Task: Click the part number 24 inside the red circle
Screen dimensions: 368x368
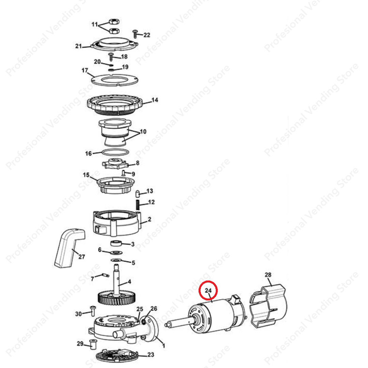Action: (208, 291)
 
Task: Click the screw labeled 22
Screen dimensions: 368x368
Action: (136, 33)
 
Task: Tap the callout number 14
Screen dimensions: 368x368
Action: (155, 100)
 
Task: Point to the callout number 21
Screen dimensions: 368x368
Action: (79, 46)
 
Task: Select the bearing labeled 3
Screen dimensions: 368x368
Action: (116, 244)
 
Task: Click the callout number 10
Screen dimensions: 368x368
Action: (143, 132)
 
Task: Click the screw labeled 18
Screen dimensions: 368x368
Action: (111, 56)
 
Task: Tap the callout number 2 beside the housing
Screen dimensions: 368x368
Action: (149, 219)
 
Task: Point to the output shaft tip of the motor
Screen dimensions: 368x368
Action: (167, 324)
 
